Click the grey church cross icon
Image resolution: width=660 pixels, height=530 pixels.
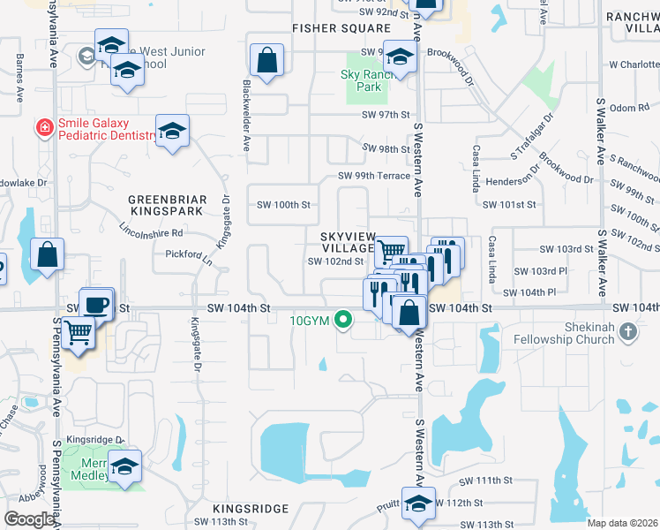click(627, 332)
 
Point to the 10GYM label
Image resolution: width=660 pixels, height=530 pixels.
click(310, 321)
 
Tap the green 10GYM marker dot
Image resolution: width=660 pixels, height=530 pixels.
click(341, 321)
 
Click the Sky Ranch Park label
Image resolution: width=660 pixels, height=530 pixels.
click(361, 81)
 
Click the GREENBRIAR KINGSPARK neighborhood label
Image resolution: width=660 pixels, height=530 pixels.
click(166, 205)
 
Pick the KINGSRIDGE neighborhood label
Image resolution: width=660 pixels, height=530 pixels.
click(251, 509)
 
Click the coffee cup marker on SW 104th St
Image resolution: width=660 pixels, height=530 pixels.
click(97, 303)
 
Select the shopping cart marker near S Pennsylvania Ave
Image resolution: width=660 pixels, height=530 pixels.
click(79, 332)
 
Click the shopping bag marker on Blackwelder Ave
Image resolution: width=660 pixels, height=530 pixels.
click(266, 60)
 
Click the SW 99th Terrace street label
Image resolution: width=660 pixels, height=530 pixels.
click(375, 176)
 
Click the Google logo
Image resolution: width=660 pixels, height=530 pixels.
click(30, 519)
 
